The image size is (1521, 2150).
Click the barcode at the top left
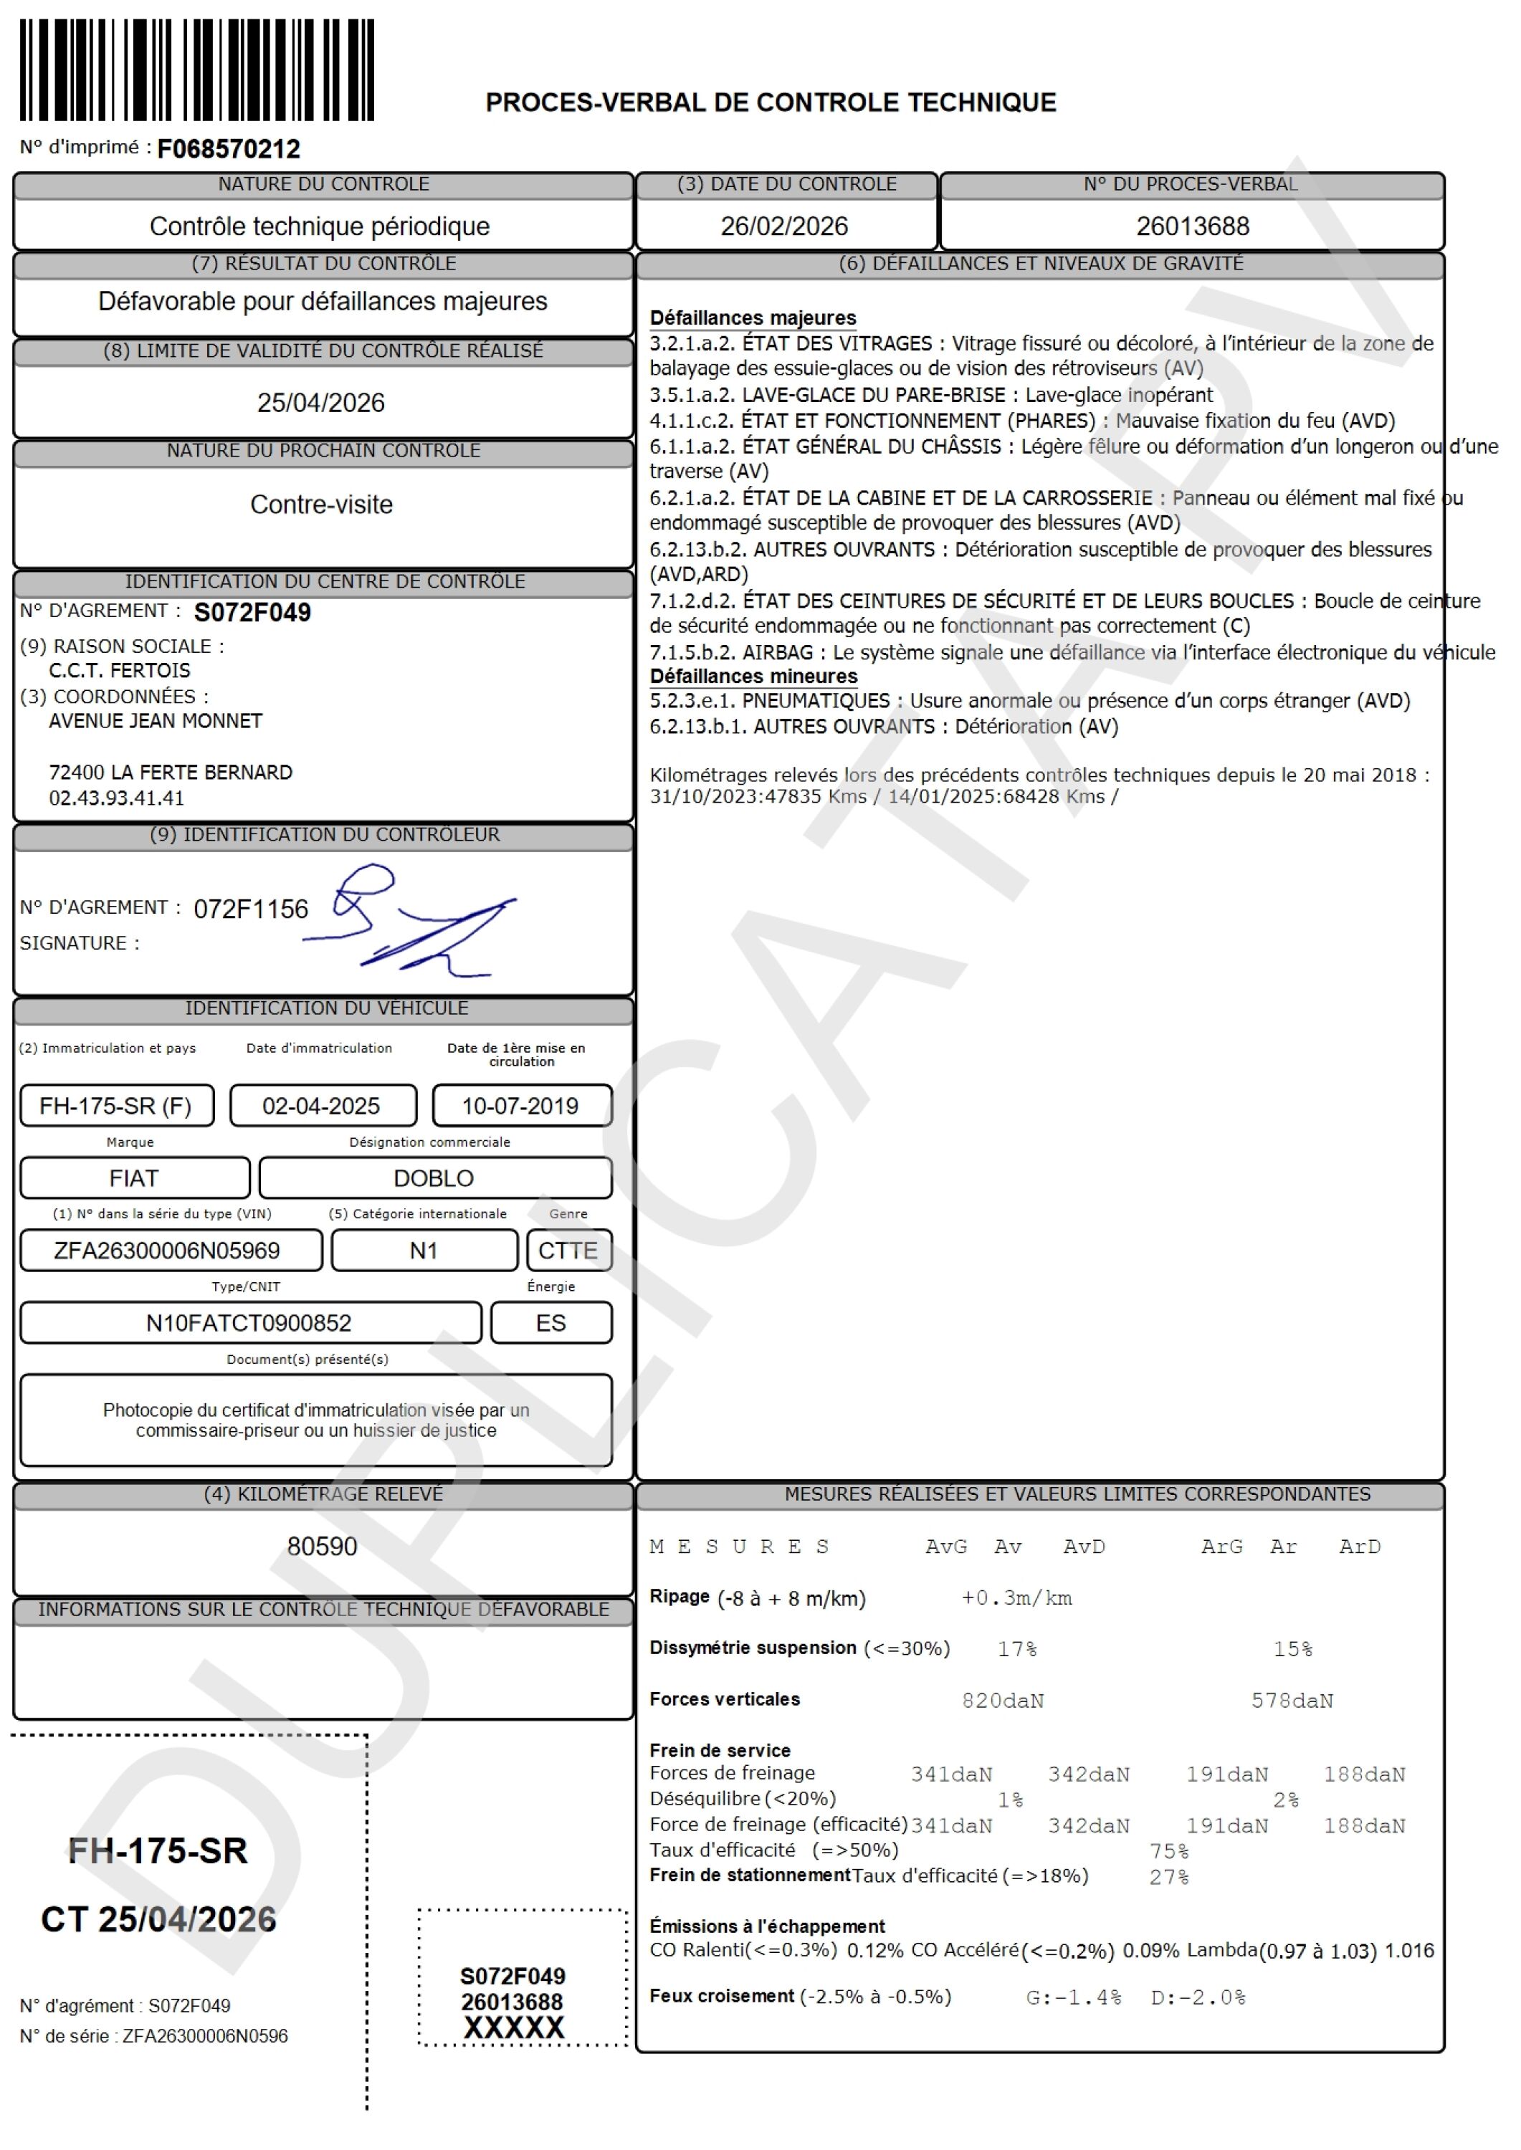tap(196, 70)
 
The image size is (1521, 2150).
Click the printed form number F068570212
tap(229, 149)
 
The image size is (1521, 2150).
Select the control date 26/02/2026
tap(784, 226)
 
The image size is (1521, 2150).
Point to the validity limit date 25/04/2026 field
tap(321, 403)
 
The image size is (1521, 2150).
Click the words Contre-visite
tap(321, 505)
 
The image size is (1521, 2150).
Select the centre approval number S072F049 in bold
tap(252, 613)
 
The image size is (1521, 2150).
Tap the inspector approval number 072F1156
tap(250, 909)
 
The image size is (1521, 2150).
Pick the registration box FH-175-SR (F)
tap(116, 1106)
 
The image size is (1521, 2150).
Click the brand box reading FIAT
tap(134, 1178)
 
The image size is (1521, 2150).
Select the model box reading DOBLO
tap(434, 1178)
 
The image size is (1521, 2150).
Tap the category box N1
tap(424, 1251)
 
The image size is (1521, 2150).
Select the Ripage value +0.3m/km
tap(1016, 1598)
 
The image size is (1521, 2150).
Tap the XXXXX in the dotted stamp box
tap(514, 2028)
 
